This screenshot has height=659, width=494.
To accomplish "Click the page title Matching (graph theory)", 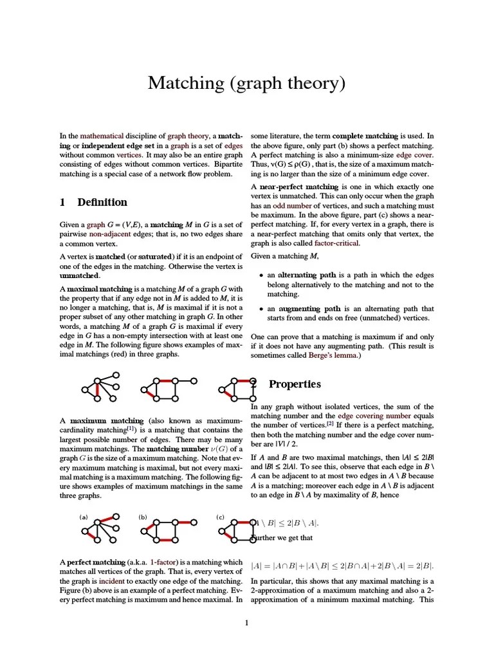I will [x=246, y=83].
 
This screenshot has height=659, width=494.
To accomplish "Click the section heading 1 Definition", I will [x=93, y=202].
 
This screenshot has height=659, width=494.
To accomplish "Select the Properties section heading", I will [x=294, y=384].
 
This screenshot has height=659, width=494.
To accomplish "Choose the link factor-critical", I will [x=337, y=244].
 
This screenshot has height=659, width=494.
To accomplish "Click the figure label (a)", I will [x=84, y=517].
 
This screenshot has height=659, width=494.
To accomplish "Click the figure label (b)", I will [x=143, y=517].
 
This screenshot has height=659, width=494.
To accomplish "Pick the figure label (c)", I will [x=220, y=517].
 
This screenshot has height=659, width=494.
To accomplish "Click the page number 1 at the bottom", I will [x=246, y=622].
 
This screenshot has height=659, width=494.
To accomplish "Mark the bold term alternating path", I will [x=304, y=275].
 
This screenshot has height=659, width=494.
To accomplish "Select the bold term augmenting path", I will [x=304, y=309].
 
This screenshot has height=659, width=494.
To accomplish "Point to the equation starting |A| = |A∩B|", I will [x=342, y=566].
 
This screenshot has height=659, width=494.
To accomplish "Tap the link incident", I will [x=112, y=581].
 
